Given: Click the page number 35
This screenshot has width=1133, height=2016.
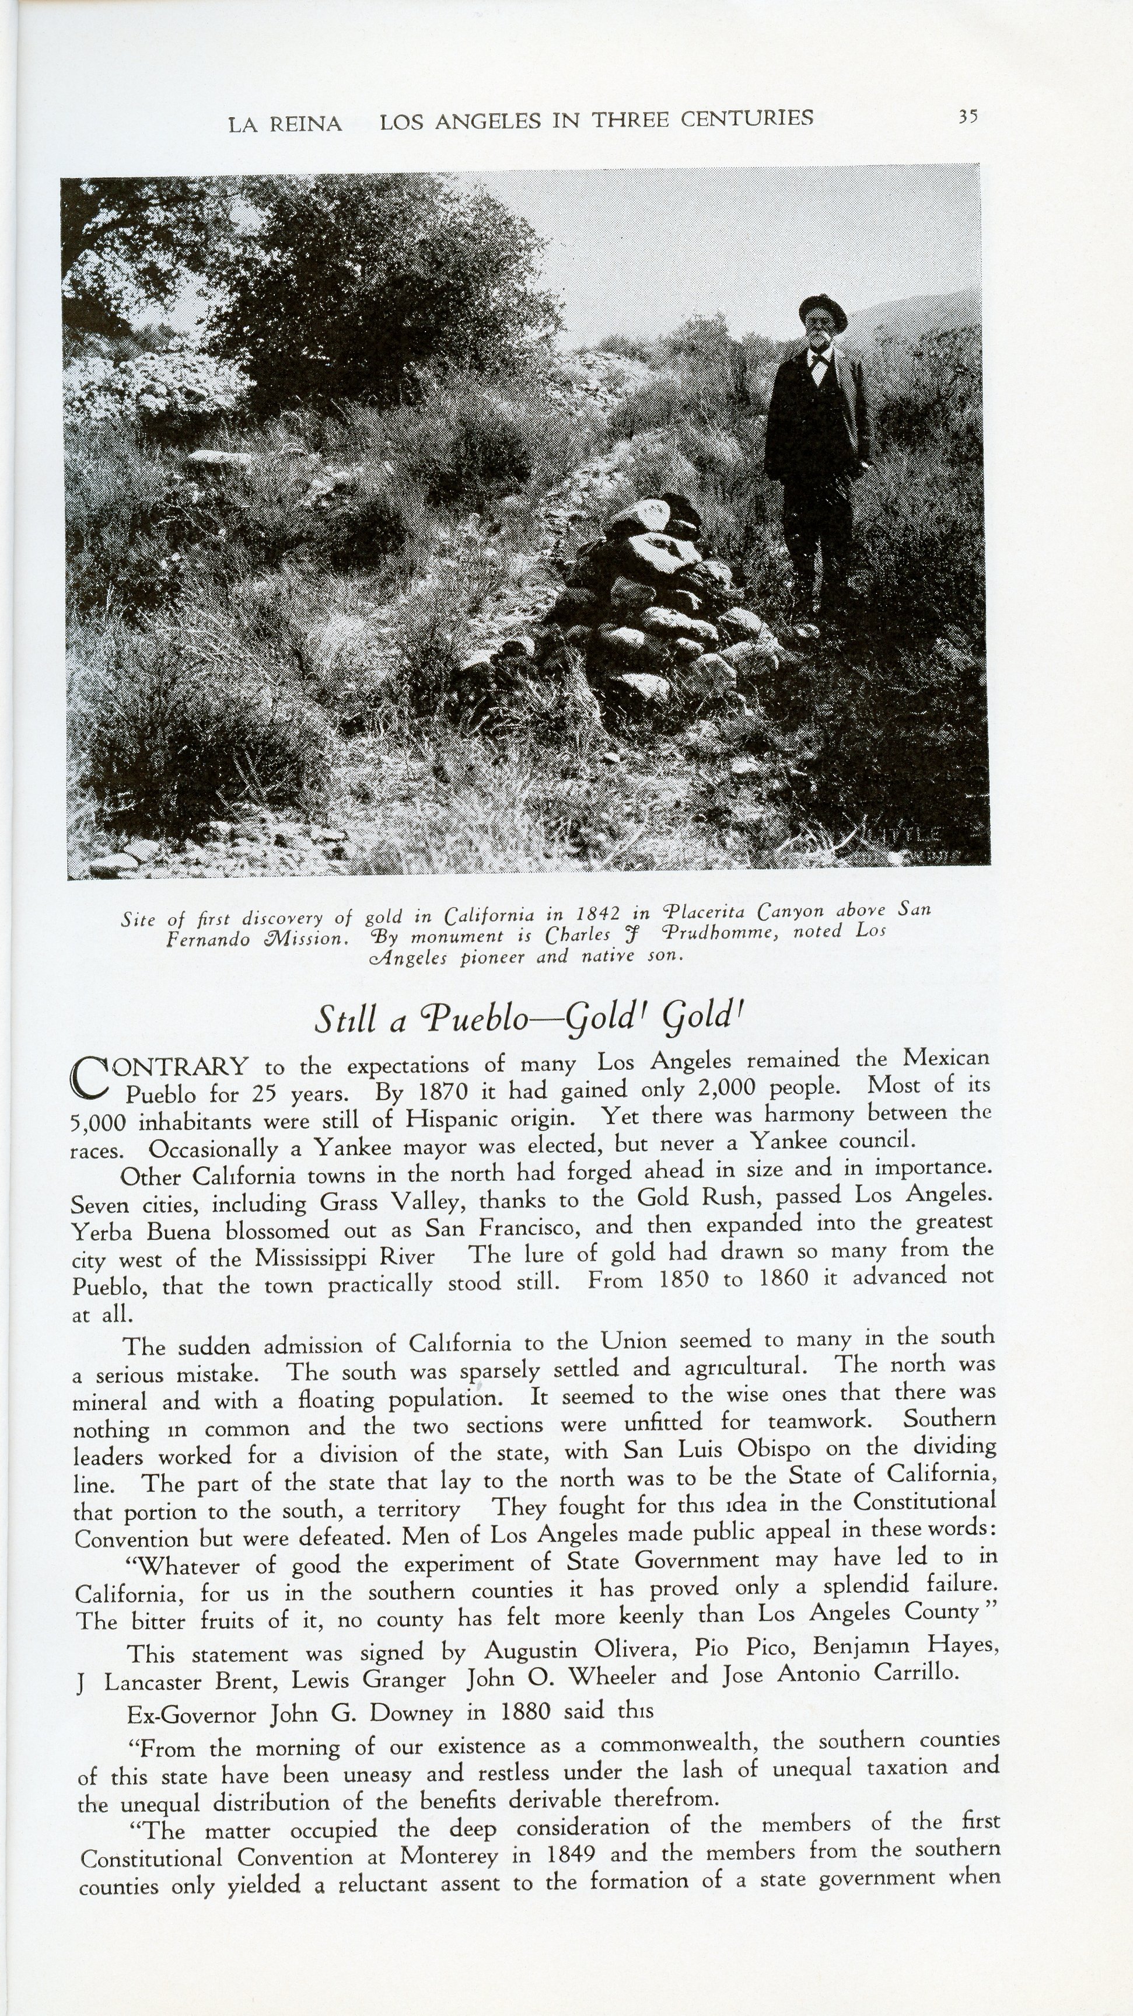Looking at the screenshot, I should [x=968, y=117].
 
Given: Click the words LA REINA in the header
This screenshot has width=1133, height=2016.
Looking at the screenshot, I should [x=285, y=124].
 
